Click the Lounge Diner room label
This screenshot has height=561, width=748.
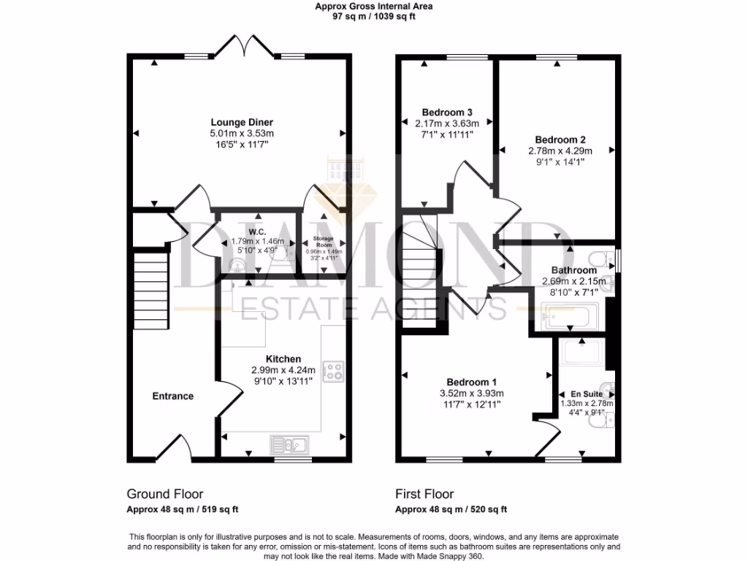242,122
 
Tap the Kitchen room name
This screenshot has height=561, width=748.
283,359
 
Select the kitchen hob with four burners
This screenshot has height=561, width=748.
334,372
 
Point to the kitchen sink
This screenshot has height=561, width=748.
290,443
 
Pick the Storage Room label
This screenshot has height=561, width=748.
323,242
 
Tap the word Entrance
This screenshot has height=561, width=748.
172,396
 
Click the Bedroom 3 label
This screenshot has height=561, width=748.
438,112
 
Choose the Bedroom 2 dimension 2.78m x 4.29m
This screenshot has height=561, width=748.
560,150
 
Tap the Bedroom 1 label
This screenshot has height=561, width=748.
472,382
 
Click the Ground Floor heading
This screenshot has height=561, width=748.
165,494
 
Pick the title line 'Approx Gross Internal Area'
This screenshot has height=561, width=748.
374,6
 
